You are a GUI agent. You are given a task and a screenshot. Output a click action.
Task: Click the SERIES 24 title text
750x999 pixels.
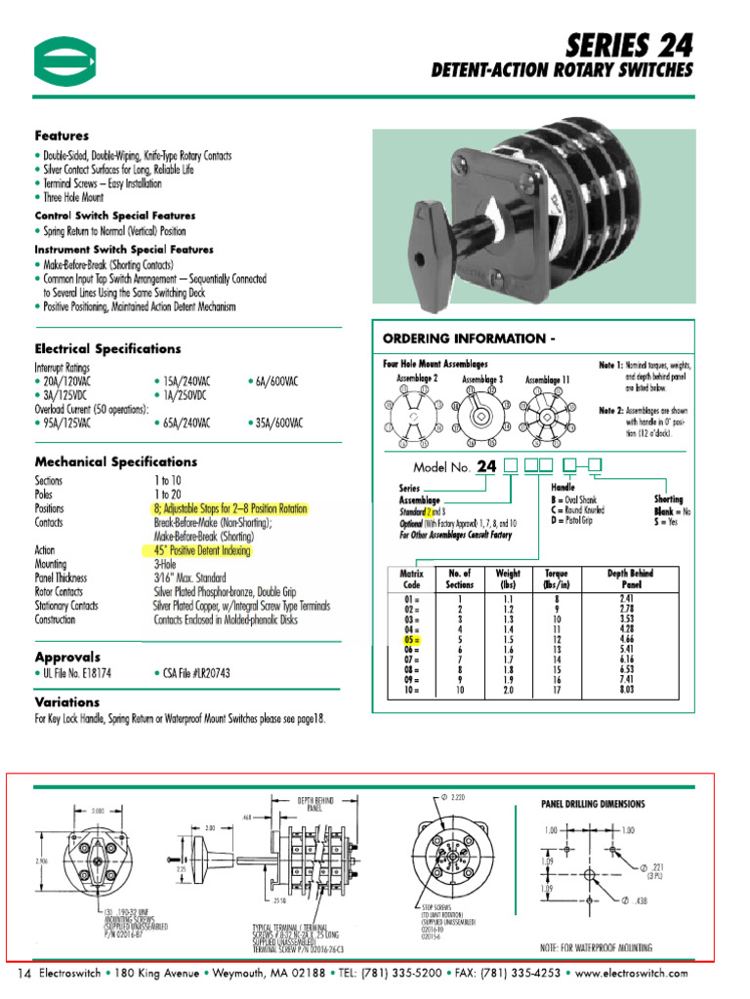click(x=631, y=44)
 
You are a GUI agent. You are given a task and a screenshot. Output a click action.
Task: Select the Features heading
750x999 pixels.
click(x=62, y=136)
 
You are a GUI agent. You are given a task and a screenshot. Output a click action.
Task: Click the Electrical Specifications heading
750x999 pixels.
click(x=107, y=348)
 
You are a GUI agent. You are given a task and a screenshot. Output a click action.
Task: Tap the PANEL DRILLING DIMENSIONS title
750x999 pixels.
click(x=593, y=804)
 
